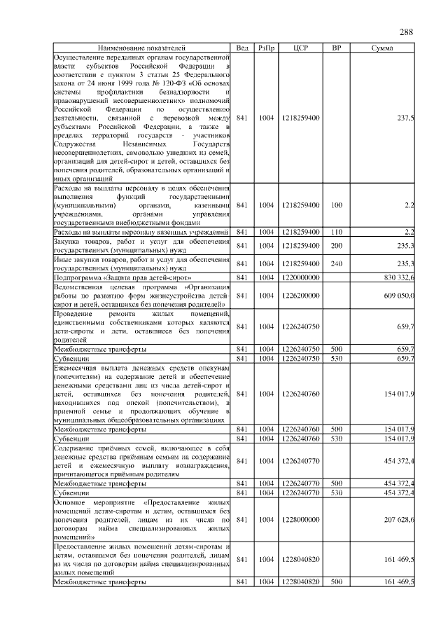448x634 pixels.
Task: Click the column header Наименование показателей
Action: tap(142, 47)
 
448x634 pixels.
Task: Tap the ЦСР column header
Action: tap(301, 47)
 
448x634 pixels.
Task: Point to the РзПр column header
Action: tap(266, 47)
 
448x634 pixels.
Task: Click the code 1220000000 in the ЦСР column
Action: tap(301, 278)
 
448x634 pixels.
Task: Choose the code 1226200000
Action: tap(301, 296)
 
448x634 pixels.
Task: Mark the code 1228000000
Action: tap(301, 519)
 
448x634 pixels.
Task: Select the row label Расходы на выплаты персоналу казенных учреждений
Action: tap(141, 231)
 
